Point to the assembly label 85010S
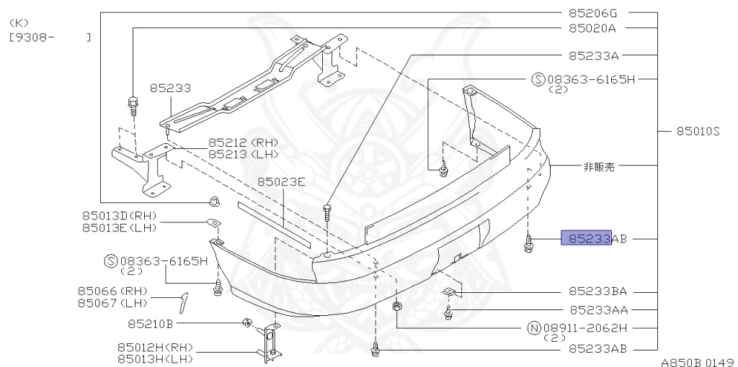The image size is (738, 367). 698,132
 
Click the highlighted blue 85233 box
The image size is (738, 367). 586,238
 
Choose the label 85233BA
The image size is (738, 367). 597,292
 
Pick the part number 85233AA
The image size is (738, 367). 597,310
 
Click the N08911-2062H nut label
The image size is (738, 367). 578,328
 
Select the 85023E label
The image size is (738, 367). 281,182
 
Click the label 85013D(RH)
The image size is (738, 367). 119,216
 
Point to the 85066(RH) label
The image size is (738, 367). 112,291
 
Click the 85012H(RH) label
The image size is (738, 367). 153,346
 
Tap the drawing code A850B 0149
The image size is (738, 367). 696,361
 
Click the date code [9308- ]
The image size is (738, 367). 50,37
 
